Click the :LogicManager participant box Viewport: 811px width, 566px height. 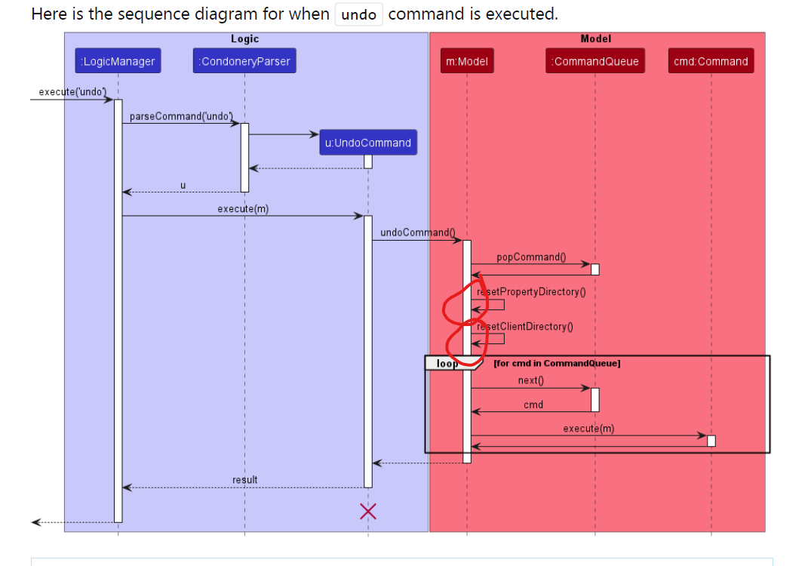pyautogui.click(x=118, y=62)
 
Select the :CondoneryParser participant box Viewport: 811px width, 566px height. pyautogui.click(x=244, y=62)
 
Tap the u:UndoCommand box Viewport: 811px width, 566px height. pyautogui.click(x=368, y=143)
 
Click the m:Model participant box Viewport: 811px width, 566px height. pyautogui.click(x=467, y=62)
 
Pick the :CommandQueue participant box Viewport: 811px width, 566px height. pyautogui.click(x=595, y=62)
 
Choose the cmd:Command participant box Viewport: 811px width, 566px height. pyautogui.click(x=711, y=62)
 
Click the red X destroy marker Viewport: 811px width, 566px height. pyautogui.click(x=368, y=511)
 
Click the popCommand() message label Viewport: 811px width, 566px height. pyautogui.click(x=531, y=257)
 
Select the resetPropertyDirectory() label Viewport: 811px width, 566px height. pyautogui.click(x=532, y=291)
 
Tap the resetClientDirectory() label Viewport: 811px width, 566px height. pyautogui.click(x=525, y=326)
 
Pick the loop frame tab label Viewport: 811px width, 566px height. pyautogui.click(x=447, y=363)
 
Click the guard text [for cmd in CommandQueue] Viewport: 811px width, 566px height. pyautogui.click(x=557, y=364)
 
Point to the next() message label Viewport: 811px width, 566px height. pyautogui.click(x=530, y=380)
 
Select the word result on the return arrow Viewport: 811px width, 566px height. pyautogui.click(x=244, y=479)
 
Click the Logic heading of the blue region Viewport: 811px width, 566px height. pyautogui.click(x=244, y=38)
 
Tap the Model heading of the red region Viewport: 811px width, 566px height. pyautogui.click(x=596, y=38)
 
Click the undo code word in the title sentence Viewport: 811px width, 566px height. pyautogui.click(x=358, y=14)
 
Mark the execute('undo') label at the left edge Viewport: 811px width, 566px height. pyautogui.click(x=72, y=92)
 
